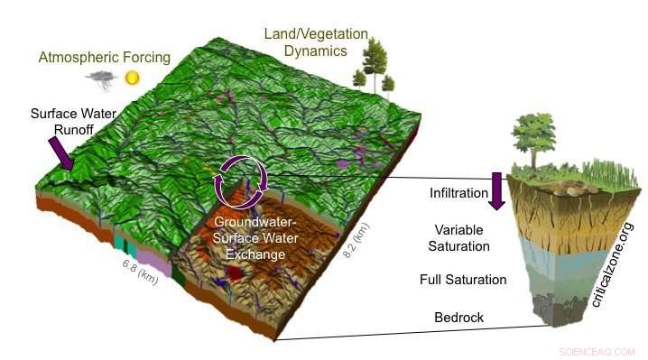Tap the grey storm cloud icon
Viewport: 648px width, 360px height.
102,79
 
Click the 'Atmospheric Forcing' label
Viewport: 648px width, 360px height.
104,58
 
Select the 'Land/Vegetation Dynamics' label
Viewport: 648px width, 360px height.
316,43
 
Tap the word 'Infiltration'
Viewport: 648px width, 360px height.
454,192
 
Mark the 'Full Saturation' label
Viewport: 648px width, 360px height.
462,280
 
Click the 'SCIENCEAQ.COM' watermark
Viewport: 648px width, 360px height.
597,351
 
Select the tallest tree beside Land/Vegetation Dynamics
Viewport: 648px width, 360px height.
373,60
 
